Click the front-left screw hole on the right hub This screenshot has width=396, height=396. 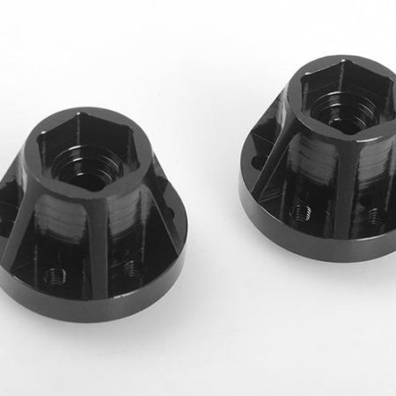click(302, 212)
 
